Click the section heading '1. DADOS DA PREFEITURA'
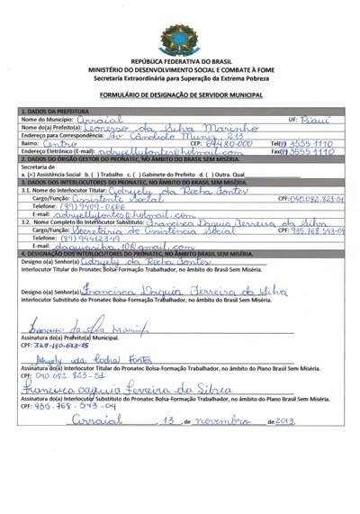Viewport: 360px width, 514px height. click(x=56, y=110)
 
